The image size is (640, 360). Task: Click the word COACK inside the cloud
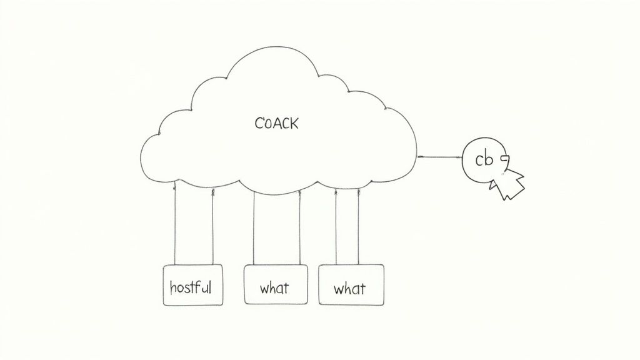coord(277,123)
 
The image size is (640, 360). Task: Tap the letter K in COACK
coord(294,123)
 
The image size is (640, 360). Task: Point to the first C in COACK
coord(259,123)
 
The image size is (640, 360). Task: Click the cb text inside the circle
coord(484,160)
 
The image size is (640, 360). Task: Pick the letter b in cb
coord(489,160)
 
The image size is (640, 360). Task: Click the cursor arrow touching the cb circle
coord(508,182)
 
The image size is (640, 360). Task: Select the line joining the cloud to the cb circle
coord(439,156)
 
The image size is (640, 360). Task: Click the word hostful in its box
coord(191,287)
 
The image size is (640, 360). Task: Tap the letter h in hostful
coord(173,287)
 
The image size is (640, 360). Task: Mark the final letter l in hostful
coord(210,287)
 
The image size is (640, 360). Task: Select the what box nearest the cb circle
coord(351,285)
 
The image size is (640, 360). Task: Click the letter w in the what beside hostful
coord(264,289)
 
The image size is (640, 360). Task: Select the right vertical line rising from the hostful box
coord(212,225)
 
